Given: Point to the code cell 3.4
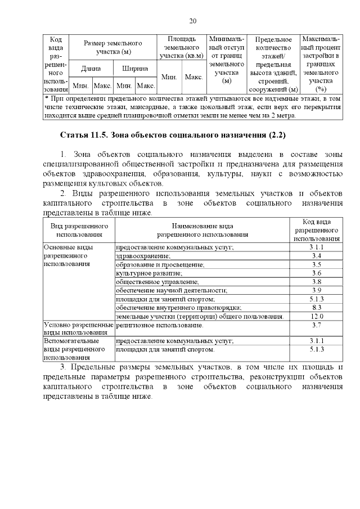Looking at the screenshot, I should coord(316,256).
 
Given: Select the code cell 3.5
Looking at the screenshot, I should coord(316,264).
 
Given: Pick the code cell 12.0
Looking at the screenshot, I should coord(316,316).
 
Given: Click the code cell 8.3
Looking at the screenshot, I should coord(316,308).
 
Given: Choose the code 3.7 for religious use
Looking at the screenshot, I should coord(316,325).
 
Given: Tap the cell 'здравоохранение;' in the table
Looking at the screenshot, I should coord(143,256).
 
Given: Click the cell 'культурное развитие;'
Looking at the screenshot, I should coord(148,273).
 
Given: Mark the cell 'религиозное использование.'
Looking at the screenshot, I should coord(159,325).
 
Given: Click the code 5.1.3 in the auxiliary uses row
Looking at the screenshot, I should coord(316,349).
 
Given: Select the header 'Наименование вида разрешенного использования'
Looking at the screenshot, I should coord(202,230).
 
